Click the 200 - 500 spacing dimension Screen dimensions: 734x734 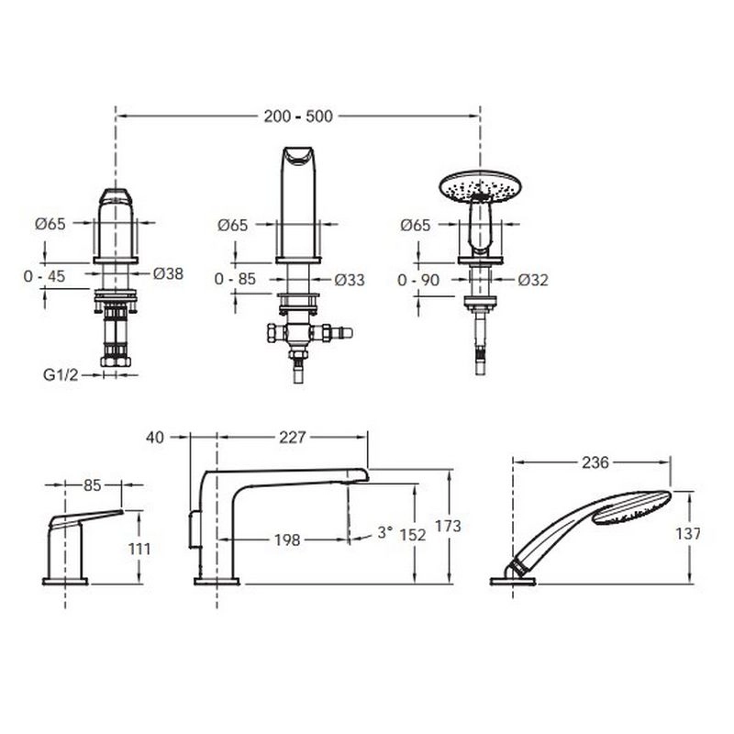click(x=298, y=117)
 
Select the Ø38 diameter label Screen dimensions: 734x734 click(x=168, y=273)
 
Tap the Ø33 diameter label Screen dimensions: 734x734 click(x=350, y=280)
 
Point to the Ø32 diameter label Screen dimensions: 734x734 click(x=533, y=280)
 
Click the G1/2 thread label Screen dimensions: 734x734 click(x=61, y=375)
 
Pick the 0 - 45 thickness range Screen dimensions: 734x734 click(x=44, y=276)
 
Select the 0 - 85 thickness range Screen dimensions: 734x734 click(x=235, y=279)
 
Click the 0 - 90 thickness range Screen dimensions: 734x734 click(x=418, y=280)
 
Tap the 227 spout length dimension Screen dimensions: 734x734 click(x=292, y=438)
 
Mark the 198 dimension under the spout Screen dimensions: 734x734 click(x=287, y=540)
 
